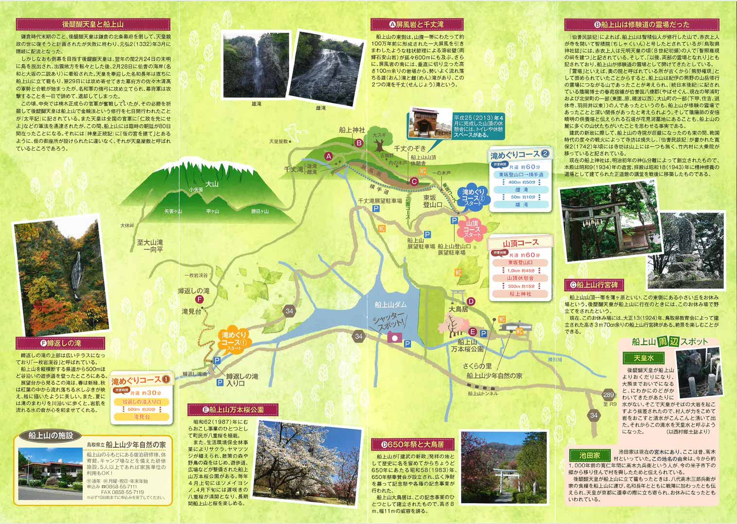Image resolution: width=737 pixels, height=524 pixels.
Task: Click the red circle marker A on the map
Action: (329, 156)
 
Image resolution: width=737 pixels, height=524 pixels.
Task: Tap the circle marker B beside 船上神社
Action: (359, 143)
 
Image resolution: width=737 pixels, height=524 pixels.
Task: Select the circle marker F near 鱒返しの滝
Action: (199, 300)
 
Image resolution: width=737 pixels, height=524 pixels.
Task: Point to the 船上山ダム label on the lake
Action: (390, 304)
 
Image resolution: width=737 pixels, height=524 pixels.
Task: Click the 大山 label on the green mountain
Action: (212, 184)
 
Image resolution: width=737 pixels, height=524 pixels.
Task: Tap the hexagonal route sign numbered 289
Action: (608, 395)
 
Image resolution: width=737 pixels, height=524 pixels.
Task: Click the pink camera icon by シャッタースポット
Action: (396, 338)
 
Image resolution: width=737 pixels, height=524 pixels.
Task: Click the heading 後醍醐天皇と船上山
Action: (93, 24)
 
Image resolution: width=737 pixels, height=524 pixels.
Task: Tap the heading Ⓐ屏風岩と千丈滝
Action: (416, 24)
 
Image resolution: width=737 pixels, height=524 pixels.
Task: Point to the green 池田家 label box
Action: (589, 455)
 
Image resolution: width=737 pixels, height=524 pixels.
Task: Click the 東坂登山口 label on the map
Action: (432, 201)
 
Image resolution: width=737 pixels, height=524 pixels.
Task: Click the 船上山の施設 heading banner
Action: (50, 436)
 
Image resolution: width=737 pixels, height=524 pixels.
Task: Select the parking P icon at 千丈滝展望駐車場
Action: (376, 209)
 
